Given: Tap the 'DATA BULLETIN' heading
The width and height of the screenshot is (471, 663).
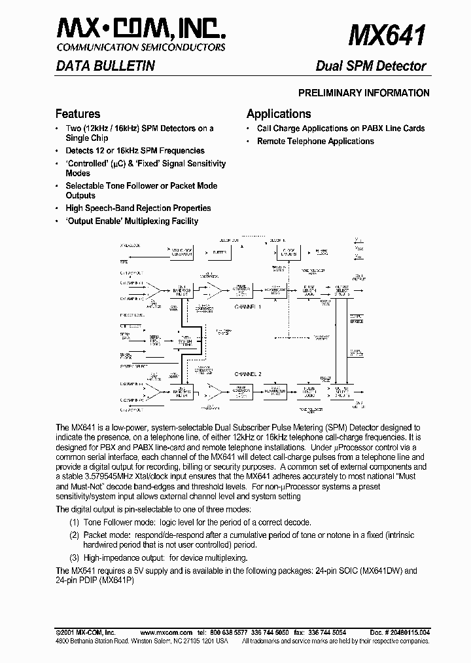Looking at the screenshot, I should click(105, 66).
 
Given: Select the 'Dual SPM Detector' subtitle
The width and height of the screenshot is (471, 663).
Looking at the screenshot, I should click(371, 66).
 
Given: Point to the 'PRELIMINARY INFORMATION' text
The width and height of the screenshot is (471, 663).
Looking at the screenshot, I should click(364, 93).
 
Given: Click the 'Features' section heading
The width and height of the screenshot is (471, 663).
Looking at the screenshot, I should click(78, 114).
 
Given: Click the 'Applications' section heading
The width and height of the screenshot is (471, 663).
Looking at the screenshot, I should click(279, 114).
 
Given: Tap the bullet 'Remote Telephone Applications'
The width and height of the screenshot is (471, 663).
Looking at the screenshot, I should click(315, 141).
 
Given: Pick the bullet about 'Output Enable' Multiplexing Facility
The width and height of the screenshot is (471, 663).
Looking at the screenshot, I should click(131, 221).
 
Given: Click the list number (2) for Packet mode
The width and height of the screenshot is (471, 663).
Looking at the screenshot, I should click(75, 534).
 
